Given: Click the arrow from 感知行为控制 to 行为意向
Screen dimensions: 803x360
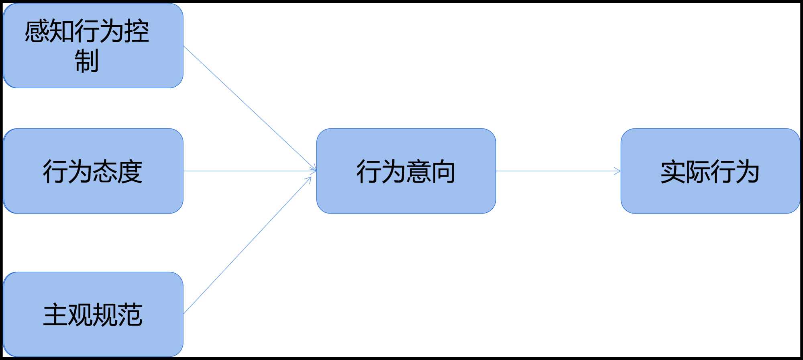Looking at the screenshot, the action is (249, 108).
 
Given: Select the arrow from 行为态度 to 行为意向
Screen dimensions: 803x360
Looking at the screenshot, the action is (249, 171).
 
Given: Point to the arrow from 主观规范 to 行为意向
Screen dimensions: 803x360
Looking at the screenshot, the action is (247, 246).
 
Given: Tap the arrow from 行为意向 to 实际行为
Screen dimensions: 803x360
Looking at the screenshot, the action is (558, 171).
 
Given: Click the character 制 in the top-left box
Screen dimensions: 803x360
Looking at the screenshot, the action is (87, 61).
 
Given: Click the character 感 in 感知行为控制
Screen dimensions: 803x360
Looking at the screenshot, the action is (37, 31).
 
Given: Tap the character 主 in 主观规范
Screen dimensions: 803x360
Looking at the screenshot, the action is (55, 315).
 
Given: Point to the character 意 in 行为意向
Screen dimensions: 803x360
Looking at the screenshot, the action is (418, 171).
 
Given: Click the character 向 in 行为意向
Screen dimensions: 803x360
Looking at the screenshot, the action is (443, 171).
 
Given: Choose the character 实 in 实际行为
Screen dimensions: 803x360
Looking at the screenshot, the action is (673, 171).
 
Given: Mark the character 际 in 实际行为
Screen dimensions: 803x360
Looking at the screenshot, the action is (697, 171).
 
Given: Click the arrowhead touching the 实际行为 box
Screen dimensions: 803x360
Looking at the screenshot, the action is (618, 171).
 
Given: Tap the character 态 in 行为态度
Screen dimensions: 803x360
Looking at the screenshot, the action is (105, 171).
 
